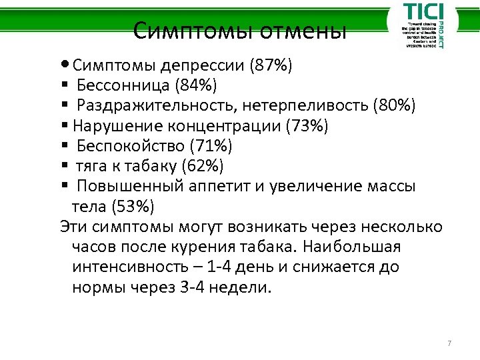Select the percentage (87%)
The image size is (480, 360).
point(271,66)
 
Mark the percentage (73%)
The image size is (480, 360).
point(306,126)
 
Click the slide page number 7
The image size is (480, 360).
point(449,344)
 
